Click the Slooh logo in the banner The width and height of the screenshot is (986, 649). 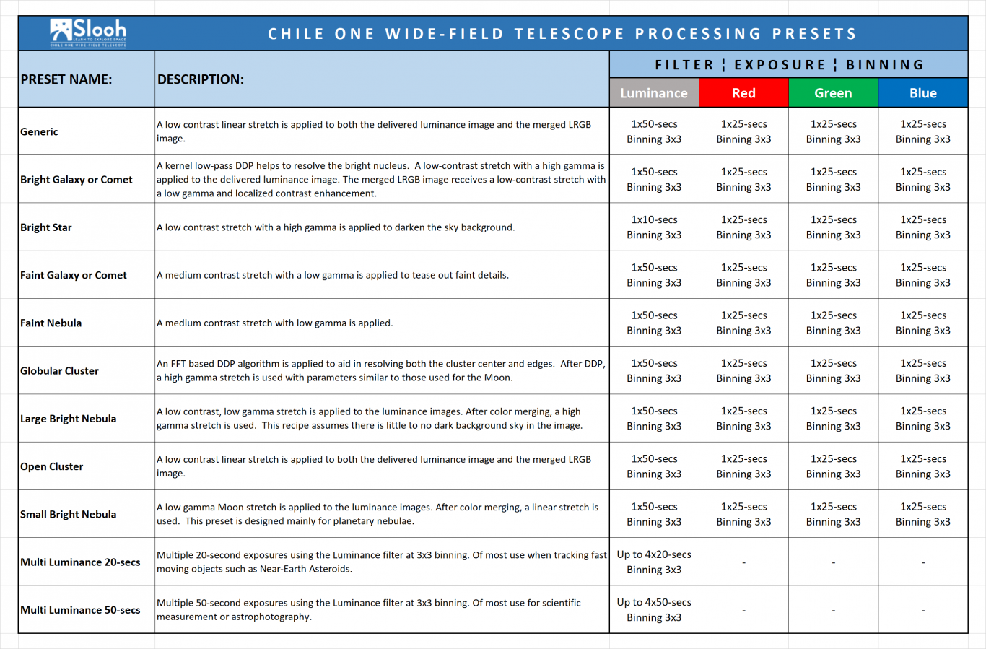point(88,33)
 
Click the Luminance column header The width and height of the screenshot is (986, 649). point(654,93)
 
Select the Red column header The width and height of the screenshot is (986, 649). point(743,93)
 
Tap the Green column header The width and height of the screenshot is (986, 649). point(833,93)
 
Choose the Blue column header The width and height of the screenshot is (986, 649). point(923,93)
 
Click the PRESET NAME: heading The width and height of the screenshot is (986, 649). point(66,79)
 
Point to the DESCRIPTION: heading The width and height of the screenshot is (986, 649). point(201,79)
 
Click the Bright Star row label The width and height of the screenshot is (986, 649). point(45,227)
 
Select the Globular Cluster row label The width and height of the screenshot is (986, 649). point(59,371)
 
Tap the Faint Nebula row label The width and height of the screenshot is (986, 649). point(51,323)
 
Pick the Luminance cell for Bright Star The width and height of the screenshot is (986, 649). point(654,227)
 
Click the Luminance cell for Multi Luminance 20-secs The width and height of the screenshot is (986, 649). point(654,562)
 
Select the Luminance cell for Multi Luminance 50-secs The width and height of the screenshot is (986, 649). point(654,610)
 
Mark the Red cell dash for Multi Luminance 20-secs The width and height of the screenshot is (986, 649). point(744,562)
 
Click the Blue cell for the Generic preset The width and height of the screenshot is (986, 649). point(923,131)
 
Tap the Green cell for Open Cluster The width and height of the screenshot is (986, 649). point(833,466)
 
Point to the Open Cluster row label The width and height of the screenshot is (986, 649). point(51,466)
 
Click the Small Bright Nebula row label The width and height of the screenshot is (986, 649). point(69,514)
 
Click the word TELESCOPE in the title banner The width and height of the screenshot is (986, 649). point(570,34)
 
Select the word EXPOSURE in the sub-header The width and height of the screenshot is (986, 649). point(780,65)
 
